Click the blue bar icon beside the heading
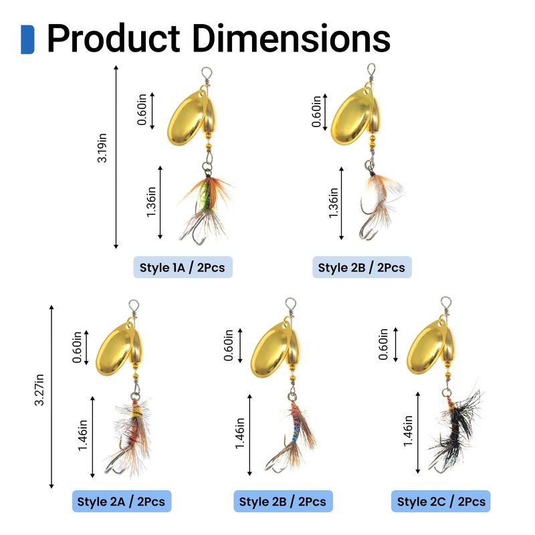(x=27, y=39)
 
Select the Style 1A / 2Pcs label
(x=183, y=267)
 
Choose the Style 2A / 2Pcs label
(x=121, y=501)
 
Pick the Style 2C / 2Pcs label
(x=441, y=501)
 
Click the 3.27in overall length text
(x=39, y=395)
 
